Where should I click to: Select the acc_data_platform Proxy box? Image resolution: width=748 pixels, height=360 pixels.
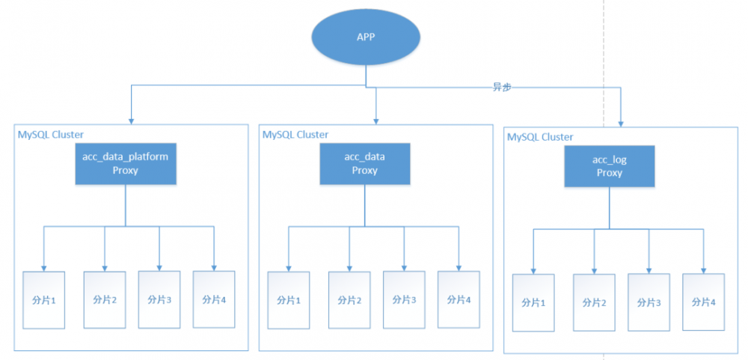[x=125, y=164]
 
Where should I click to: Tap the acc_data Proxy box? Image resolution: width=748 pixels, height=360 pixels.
[x=364, y=164]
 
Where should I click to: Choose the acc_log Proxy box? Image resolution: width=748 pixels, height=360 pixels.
[x=610, y=166]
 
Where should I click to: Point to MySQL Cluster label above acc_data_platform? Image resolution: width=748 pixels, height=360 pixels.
[x=51, y=134]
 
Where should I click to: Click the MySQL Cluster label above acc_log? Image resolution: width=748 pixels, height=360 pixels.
[x=540, y=137]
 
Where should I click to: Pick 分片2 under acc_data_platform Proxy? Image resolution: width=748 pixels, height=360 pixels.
[x=105, y=299]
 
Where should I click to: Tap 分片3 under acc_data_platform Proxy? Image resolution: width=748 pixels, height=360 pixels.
[x=159, y=299]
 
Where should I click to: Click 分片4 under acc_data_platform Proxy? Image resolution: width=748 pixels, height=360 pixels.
[x=214, y=299]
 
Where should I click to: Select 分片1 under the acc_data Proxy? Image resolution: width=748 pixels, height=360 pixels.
[x=289, y=300]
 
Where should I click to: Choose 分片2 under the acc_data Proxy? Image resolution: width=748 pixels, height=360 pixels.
[x=349, y=300]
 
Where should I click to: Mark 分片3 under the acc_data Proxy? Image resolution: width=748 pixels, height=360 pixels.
[x=404, y=300]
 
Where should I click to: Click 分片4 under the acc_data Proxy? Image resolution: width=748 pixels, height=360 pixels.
[x=459, y=299]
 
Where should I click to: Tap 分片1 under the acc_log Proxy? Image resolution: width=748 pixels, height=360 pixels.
[x=533, y=303]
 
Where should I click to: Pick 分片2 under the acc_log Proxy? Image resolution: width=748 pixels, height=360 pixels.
[x=595, y=303]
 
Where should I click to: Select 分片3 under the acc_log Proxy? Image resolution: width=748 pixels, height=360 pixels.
[x=649, y=303]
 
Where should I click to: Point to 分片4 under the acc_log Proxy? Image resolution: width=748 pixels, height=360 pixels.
[x=704, y=302]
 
